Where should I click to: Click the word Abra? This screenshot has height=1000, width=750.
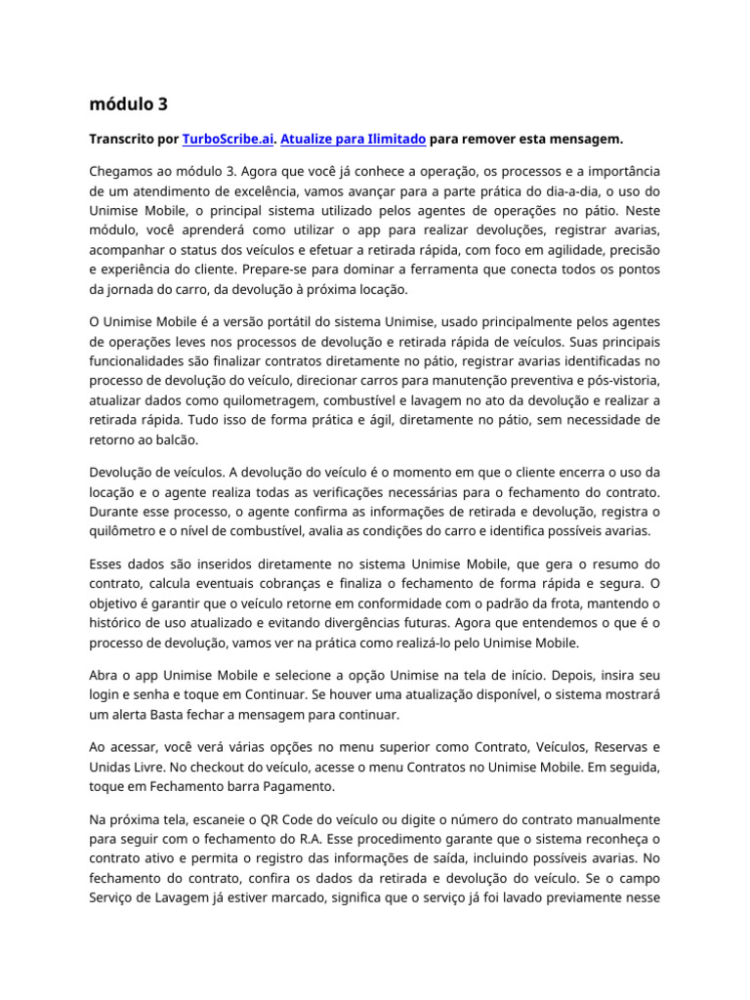pos(104,674)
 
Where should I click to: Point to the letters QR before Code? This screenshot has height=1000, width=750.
pos(266,820)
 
